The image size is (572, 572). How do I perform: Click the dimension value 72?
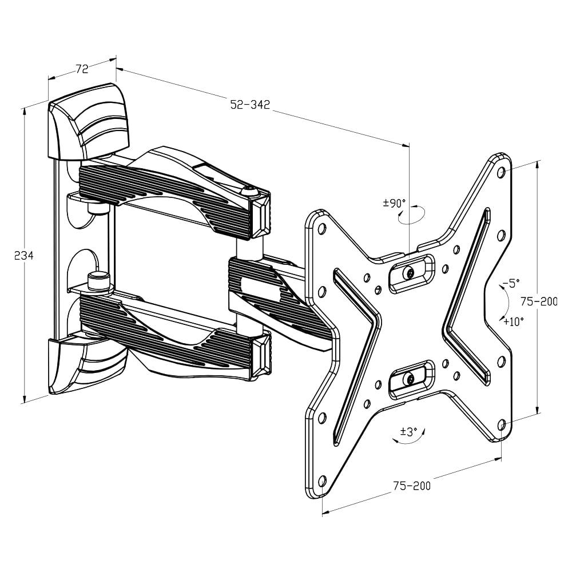(82, 69)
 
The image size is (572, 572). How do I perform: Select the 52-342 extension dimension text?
(250, 105)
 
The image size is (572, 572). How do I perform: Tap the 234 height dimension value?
(24, 256)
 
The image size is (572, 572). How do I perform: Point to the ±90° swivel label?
(395, 202)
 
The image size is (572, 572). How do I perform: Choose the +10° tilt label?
(513, 321)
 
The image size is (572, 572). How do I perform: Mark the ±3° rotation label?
(408, 431)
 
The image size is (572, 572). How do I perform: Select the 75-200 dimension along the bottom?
(412, 486)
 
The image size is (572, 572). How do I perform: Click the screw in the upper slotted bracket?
(409, 273)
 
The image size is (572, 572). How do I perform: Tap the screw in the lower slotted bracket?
(409, 379)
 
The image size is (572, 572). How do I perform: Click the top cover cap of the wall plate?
(89, 121)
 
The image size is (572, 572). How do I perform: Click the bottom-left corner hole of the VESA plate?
(321, 479)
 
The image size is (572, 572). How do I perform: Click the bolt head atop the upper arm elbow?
(248, 192)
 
